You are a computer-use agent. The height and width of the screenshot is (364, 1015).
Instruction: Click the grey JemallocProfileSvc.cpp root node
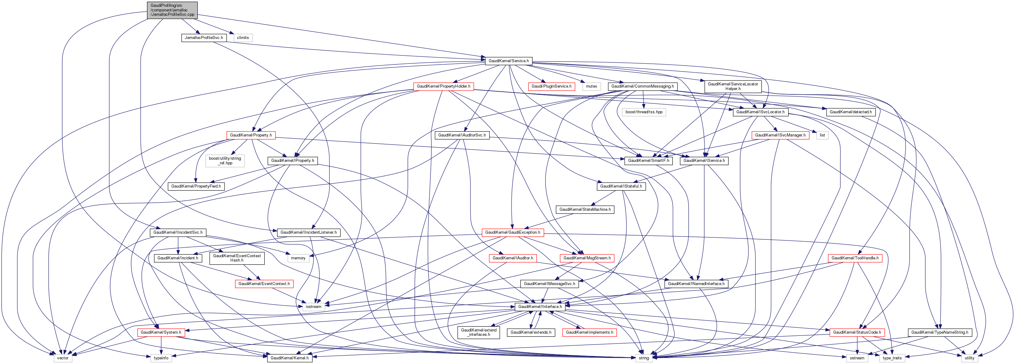tap(172, 10)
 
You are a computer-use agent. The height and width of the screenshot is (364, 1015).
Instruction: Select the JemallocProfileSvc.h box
tap(204, 38)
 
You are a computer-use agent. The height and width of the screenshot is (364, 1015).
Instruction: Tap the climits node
tap(243, 38)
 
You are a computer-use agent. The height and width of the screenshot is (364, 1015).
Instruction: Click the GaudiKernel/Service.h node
tap(508, 61)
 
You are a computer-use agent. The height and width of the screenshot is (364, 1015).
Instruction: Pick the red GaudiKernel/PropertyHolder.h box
tap(443, 86)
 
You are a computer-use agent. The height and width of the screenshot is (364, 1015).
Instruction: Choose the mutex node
tap(591, 86)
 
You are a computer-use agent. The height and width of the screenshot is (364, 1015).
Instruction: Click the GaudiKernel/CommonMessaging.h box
tap(642, 86)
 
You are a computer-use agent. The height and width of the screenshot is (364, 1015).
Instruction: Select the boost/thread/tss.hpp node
tap(644, 112)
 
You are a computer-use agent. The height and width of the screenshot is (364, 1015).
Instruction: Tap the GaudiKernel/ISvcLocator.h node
tap(760, 112)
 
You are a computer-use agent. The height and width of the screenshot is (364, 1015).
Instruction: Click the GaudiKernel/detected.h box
tap(850, 112)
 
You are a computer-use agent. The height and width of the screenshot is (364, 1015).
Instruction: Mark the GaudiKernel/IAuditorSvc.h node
tap(462, 135)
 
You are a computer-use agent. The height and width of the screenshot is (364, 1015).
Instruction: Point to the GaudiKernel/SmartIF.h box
tap(648, 161)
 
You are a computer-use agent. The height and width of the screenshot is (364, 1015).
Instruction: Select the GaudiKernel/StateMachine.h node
tap(585, 210)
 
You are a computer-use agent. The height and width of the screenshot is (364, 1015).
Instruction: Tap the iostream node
tap(313, 307)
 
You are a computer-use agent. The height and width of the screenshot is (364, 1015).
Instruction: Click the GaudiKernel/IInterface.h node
tap(540, 307)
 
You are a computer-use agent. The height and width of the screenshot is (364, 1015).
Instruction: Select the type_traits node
tap(892, 358)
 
